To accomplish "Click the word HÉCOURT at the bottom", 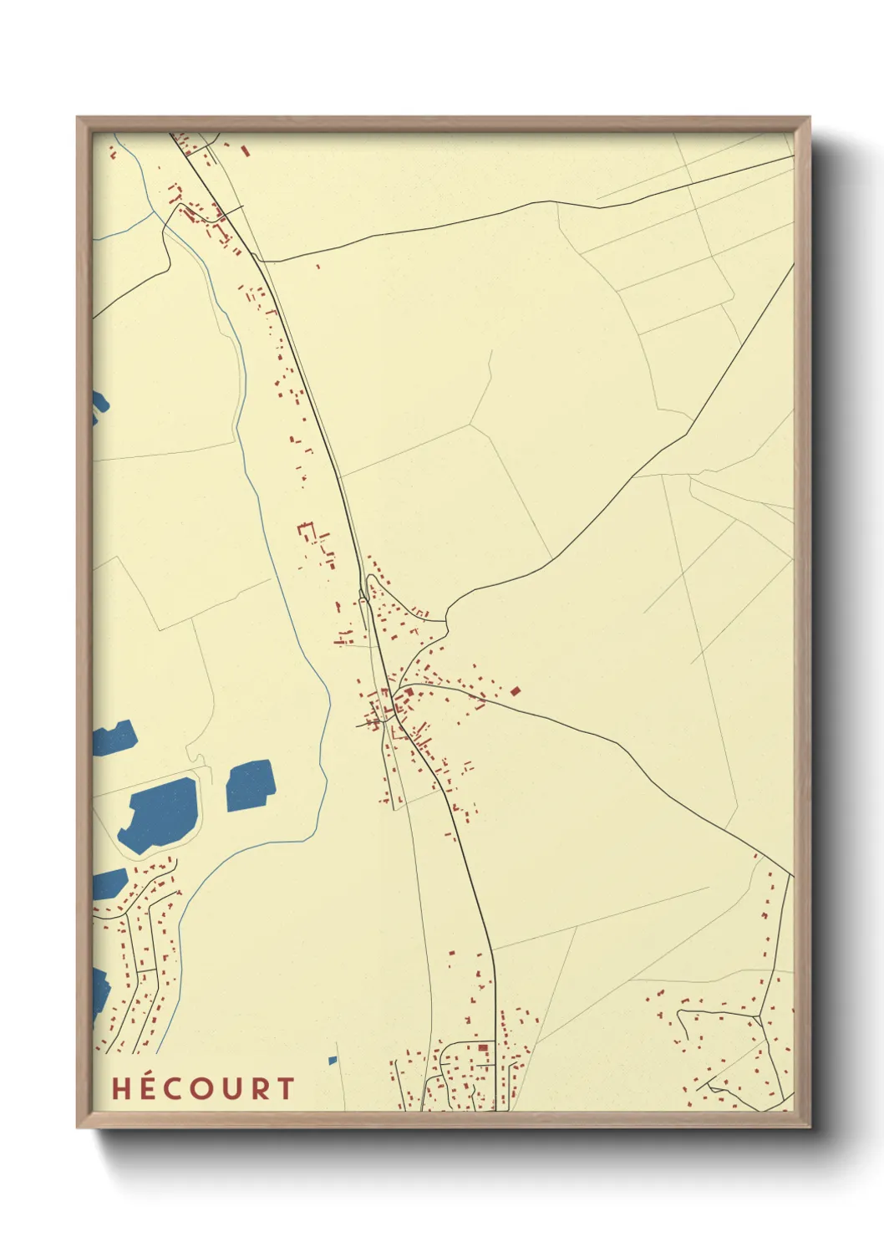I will pos(203,1088).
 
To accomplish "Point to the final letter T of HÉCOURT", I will pos(286,1088).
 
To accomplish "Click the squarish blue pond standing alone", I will pos(250,785).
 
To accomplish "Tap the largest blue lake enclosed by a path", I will pos(160,814).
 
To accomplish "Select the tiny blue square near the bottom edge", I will pos(333,1061).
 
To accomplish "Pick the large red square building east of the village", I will pos(516,690).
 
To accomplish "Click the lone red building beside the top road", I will pos(245,151).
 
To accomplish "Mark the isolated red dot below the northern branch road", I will pos(318,267).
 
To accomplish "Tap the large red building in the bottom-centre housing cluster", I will pos(482,1047).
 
